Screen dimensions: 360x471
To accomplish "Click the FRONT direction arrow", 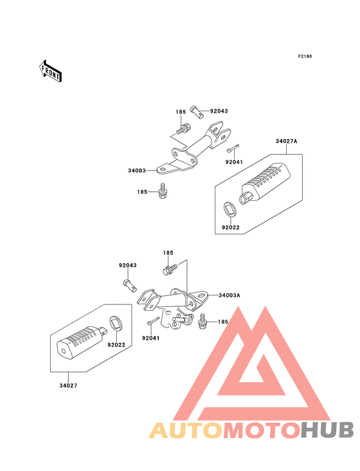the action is (x=50, y=71).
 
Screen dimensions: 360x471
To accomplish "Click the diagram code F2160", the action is (x=305, y=56).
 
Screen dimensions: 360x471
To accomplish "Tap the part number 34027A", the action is (x=287, y=141).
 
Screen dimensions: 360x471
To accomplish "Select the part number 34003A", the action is (x=230, y=295).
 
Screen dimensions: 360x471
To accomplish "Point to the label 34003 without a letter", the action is (x=137, y=171).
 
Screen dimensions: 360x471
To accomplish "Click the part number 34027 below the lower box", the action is (x=68, y=385).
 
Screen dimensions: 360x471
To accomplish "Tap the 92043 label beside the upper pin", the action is (x=219, y=111).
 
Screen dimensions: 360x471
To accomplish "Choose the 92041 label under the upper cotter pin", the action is (x=234, y=162).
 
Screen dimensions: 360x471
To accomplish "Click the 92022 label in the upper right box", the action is (x=231, y=227).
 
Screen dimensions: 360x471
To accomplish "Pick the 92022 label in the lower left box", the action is (x=116, y=345).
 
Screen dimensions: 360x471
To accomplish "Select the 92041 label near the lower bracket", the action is (x=151, y=338).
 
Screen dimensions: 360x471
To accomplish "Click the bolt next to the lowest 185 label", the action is (x=203, y=321).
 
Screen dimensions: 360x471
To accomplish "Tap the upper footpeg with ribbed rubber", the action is (x=264, y=183).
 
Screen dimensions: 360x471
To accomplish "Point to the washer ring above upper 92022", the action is (x=230, y=209).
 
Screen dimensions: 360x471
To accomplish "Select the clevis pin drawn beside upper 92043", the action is (x=196, y=112).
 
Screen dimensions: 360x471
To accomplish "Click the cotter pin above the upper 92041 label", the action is (x=233, y=148).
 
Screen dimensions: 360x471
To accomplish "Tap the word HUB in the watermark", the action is (x=327, y=430).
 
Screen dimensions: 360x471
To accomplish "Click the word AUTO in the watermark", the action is (x=186, y=430).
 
